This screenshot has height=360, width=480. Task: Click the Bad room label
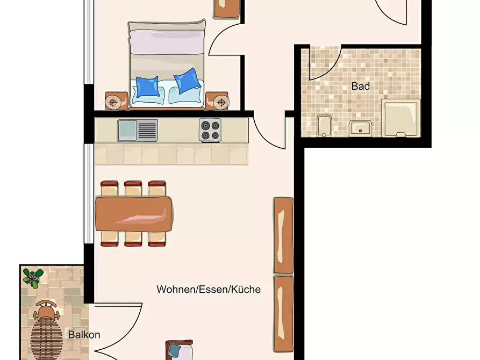click(360, 87)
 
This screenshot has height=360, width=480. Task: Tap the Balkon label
click(84, 335)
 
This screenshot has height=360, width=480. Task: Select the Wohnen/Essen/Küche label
click(209, 289)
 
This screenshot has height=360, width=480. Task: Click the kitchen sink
click(137, 131)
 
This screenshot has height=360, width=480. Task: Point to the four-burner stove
click(210, 130)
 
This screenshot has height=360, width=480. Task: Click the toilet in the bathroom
click(324, 126)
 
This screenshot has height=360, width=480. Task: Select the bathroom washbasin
click(360, 128)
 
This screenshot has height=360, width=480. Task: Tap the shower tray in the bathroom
click(401, 118)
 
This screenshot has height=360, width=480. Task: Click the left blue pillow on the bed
click(148, 87)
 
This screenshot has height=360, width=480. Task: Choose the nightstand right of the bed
click(217, 100)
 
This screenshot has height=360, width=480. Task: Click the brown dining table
click(134, 214)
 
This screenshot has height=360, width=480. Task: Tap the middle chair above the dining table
click(133, 189)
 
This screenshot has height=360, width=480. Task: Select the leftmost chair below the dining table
click(109, 239)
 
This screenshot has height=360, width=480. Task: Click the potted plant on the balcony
click(33, 278)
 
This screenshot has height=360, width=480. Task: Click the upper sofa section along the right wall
click(283, 235)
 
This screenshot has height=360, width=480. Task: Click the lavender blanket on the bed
click(167, 41)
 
